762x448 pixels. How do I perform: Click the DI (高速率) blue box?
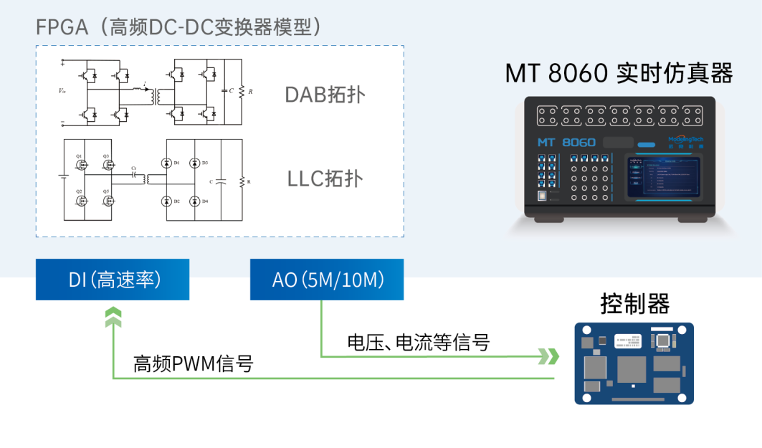113,280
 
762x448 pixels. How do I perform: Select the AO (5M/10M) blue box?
326,280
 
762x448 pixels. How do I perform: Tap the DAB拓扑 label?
325,95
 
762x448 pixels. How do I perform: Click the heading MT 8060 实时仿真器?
619,73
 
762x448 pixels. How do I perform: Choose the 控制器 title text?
634,304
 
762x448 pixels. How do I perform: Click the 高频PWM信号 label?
194,363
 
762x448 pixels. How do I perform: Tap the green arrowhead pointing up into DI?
113,318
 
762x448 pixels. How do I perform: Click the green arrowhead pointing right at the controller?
549,356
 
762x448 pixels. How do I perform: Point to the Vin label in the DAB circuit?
62,92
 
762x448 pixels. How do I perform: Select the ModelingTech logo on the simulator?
685,140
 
